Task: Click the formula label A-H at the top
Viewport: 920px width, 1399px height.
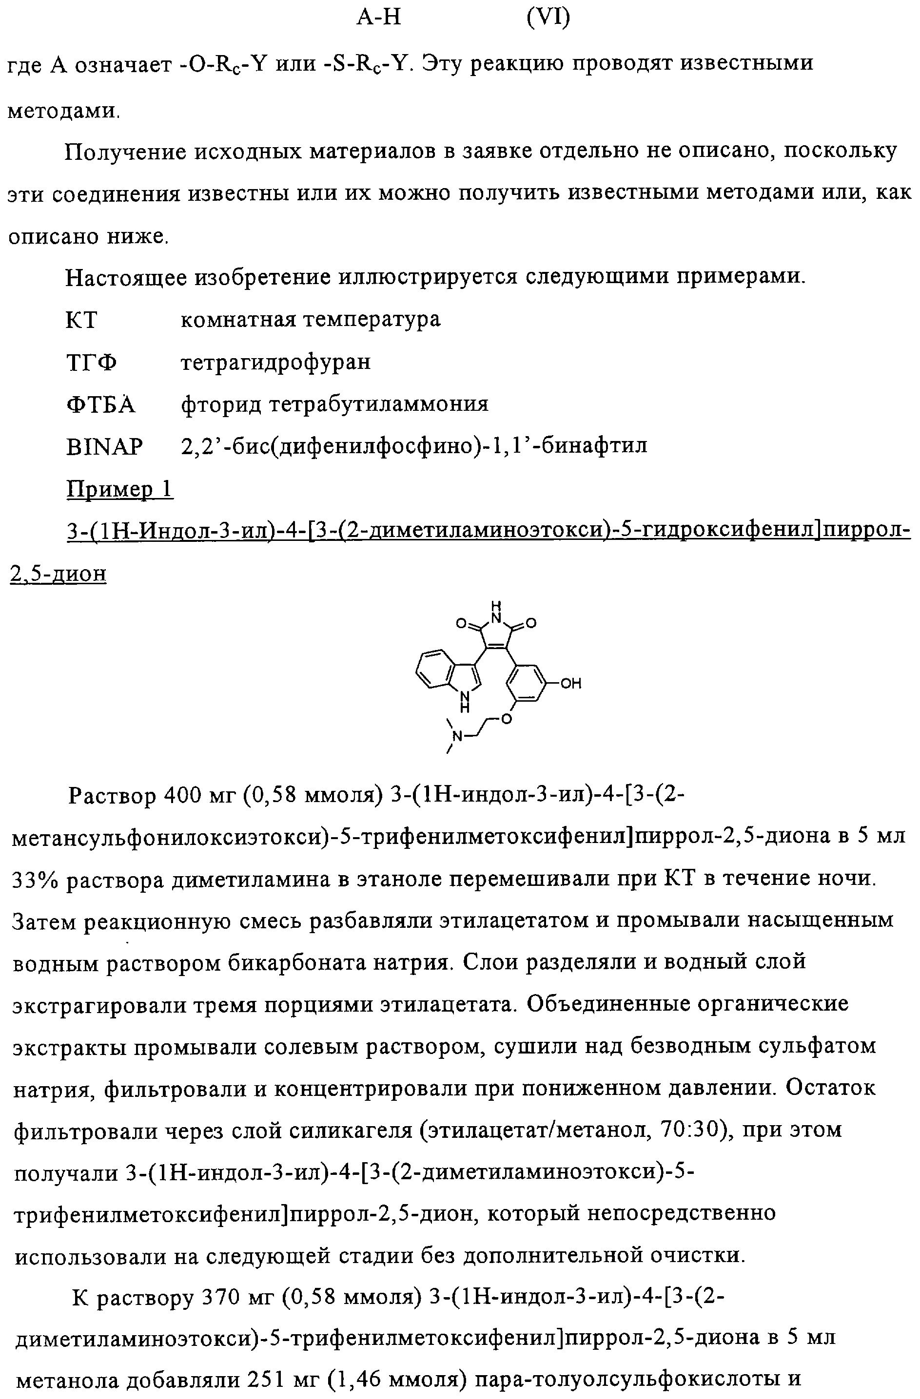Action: click(379, 18)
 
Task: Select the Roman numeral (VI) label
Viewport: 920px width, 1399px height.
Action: click(548, 18)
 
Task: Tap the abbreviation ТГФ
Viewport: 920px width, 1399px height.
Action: click(92, 362)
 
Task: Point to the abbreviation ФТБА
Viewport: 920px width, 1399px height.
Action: click(100, 404)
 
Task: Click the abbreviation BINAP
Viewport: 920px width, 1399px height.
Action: click(104, 447)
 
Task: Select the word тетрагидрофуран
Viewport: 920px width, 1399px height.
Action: click(275, 362)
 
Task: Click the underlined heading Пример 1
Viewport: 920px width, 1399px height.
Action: click(119, 489)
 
